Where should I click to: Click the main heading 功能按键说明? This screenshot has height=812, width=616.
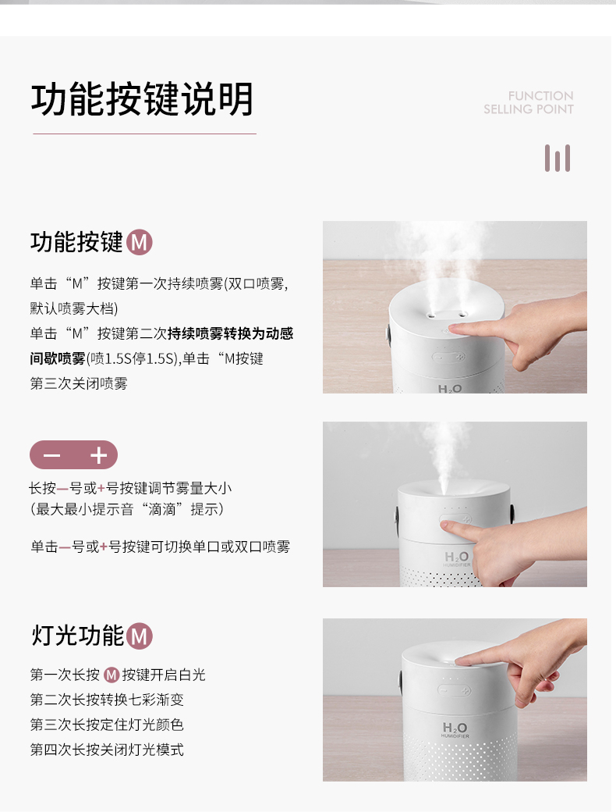coord(142,99)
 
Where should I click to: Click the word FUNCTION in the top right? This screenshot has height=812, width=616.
coord(540,96)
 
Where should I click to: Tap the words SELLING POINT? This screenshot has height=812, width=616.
coord(528,109)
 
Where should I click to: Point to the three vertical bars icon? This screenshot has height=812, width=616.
coord(557,158)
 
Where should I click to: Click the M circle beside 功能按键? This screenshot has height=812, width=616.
coord(139,242)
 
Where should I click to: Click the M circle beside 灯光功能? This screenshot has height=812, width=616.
coord(140,636)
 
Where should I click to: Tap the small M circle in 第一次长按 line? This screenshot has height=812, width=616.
coord(112,675)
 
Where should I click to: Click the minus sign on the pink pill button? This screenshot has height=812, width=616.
coord(51,455)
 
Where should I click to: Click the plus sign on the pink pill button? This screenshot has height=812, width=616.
coord(98,455)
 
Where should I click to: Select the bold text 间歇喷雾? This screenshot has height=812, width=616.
coord(58,358)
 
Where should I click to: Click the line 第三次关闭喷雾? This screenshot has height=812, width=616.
coord(79,383)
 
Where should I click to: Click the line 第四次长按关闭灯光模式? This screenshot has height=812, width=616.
coord(107,750)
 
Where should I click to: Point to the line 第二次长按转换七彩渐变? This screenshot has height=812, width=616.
coord(107,700)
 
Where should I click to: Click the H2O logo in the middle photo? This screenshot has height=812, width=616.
coord(457,557)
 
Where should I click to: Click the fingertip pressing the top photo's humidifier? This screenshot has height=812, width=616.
coord(454,329)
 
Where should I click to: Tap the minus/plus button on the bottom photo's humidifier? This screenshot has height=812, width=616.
coord(454,690)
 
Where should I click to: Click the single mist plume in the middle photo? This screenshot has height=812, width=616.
coord(444,456)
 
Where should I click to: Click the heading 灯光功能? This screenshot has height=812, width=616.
coord(78,636)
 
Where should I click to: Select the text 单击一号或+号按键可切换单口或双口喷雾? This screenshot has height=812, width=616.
coord(161,547)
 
